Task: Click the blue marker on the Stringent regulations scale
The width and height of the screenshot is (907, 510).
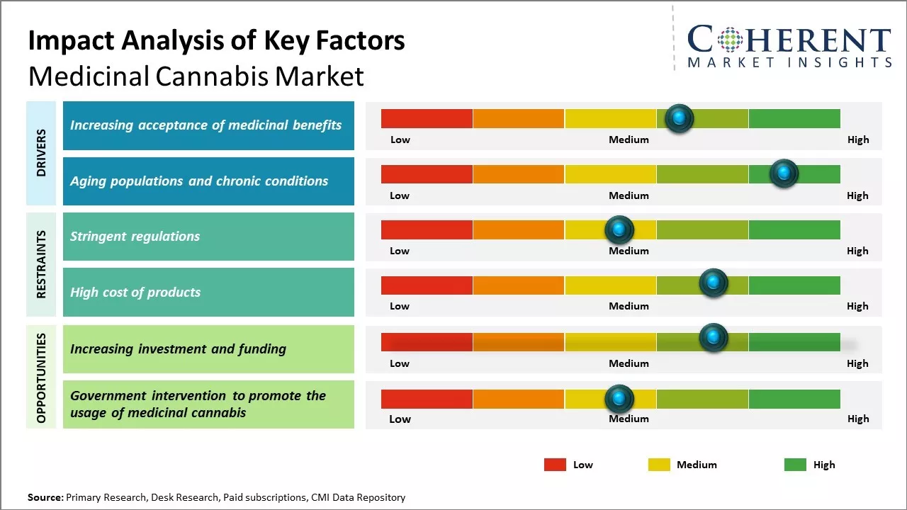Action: [619, 229]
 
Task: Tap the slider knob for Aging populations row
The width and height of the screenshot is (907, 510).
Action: [784, 174]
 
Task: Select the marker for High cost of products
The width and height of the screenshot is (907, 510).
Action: [713, 283]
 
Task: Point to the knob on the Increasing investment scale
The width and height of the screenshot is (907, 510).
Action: [713, 338]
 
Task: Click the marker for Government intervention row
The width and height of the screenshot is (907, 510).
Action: [619, 399]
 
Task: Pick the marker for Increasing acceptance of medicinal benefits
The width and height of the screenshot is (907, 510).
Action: [679, 118]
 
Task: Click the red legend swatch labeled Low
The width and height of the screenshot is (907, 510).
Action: [555, 465]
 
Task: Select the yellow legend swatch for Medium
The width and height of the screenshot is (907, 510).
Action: [659, 465]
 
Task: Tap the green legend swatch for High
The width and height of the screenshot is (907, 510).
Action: [795, 465]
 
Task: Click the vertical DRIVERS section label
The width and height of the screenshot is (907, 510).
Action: [41, 152]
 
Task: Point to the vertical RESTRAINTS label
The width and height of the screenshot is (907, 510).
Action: [41, 264]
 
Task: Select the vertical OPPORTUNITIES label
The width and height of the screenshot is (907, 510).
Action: [41, 378]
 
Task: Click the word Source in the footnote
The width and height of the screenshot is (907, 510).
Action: [45, 497]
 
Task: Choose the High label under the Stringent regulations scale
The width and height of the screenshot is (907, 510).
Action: [857, 251]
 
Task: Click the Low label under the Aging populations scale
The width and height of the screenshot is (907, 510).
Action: [400, 195]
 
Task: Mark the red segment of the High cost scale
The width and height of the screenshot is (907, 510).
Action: [427, 285]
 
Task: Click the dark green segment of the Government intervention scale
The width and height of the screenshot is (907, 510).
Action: [794, 399]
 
